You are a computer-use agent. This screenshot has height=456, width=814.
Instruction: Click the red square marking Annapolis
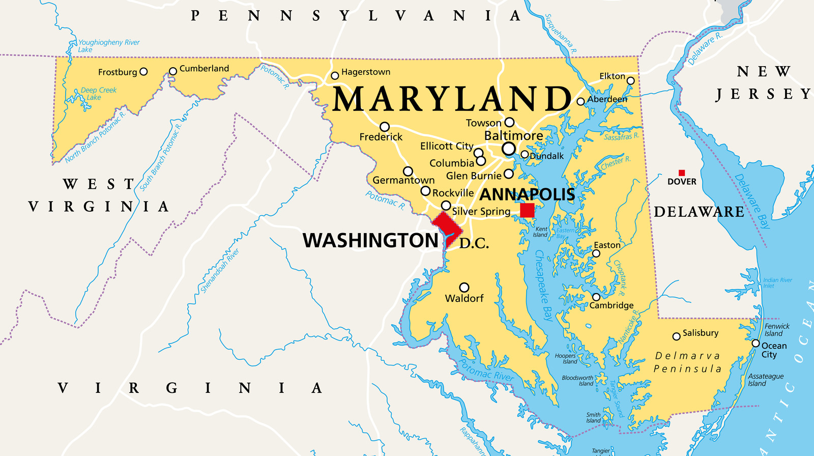(x=527, y=210)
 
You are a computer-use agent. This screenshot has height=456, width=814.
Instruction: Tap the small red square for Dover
(x=682, y=173)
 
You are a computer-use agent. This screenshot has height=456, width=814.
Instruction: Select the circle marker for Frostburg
(x=143, y=72)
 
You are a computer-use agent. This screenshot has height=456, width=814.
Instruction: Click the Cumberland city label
(x=204, y=68)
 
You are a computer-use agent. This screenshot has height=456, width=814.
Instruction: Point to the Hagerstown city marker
(x=335, y=76)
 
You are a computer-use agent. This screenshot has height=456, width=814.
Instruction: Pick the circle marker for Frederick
(x=385, y=127)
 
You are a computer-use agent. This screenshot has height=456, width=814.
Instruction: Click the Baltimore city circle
(x=508, y=149)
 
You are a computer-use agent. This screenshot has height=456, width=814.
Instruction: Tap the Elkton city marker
(x=630, y=80)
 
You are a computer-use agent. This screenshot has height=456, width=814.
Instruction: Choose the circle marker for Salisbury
(x=676, y=336)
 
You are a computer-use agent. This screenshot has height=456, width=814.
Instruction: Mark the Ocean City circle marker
(x=755, y=344)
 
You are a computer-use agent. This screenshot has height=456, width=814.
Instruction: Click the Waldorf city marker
(x=464, y=288)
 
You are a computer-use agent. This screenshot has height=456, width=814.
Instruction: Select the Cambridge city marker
(x=596, y=297)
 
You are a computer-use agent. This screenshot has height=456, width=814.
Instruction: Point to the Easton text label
(x=607, y=245)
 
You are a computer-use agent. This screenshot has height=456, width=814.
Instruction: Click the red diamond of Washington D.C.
(x=446, y=227)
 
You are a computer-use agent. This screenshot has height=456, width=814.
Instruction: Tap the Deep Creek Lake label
(x=98, y=94)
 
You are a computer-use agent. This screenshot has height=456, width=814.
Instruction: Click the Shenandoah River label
(x=220, y=271)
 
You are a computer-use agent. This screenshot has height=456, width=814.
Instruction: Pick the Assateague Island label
(x=765, y=380)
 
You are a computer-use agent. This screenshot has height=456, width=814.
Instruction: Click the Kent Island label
(x=540, y=232)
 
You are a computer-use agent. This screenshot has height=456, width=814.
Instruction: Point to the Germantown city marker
(x=408, y=172)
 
